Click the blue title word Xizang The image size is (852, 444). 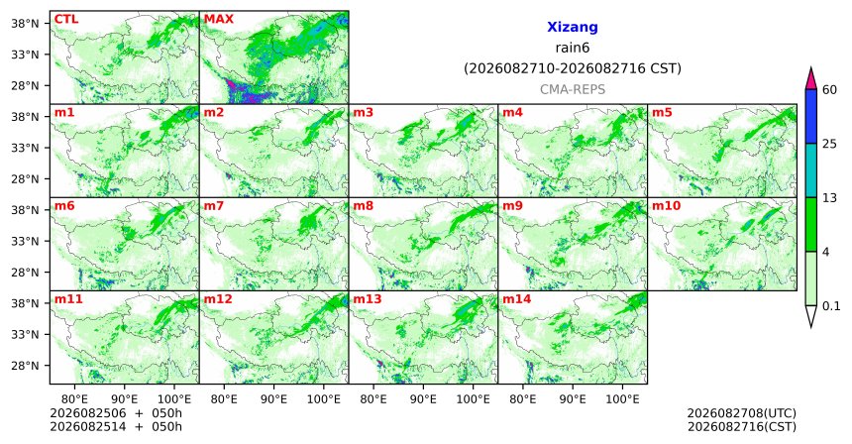tap(573, 27)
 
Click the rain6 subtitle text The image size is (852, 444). tap(573, 48)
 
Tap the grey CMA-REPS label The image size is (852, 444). tap(573, 89)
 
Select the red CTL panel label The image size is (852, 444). tap(66, 20)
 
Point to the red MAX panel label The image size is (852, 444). tap(218, 20)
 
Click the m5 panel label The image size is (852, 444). tap(662, 113)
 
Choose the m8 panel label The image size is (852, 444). tap(363, 206)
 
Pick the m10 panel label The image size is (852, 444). tap(666, 206)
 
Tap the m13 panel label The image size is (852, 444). tap(368, 299)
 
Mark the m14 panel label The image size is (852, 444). tap(517, 299)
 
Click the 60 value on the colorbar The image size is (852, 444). tap(829, 90)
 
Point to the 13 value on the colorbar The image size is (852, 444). tap(829, 198)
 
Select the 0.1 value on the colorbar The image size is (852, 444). tap(831, 306)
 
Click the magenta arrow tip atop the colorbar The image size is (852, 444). tap(811, 68)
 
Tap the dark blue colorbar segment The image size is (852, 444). tap(811, 116)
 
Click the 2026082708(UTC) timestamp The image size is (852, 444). tap(742, 414)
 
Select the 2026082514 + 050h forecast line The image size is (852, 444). tap(116, 427)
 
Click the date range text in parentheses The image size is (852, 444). tap(573, 69)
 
